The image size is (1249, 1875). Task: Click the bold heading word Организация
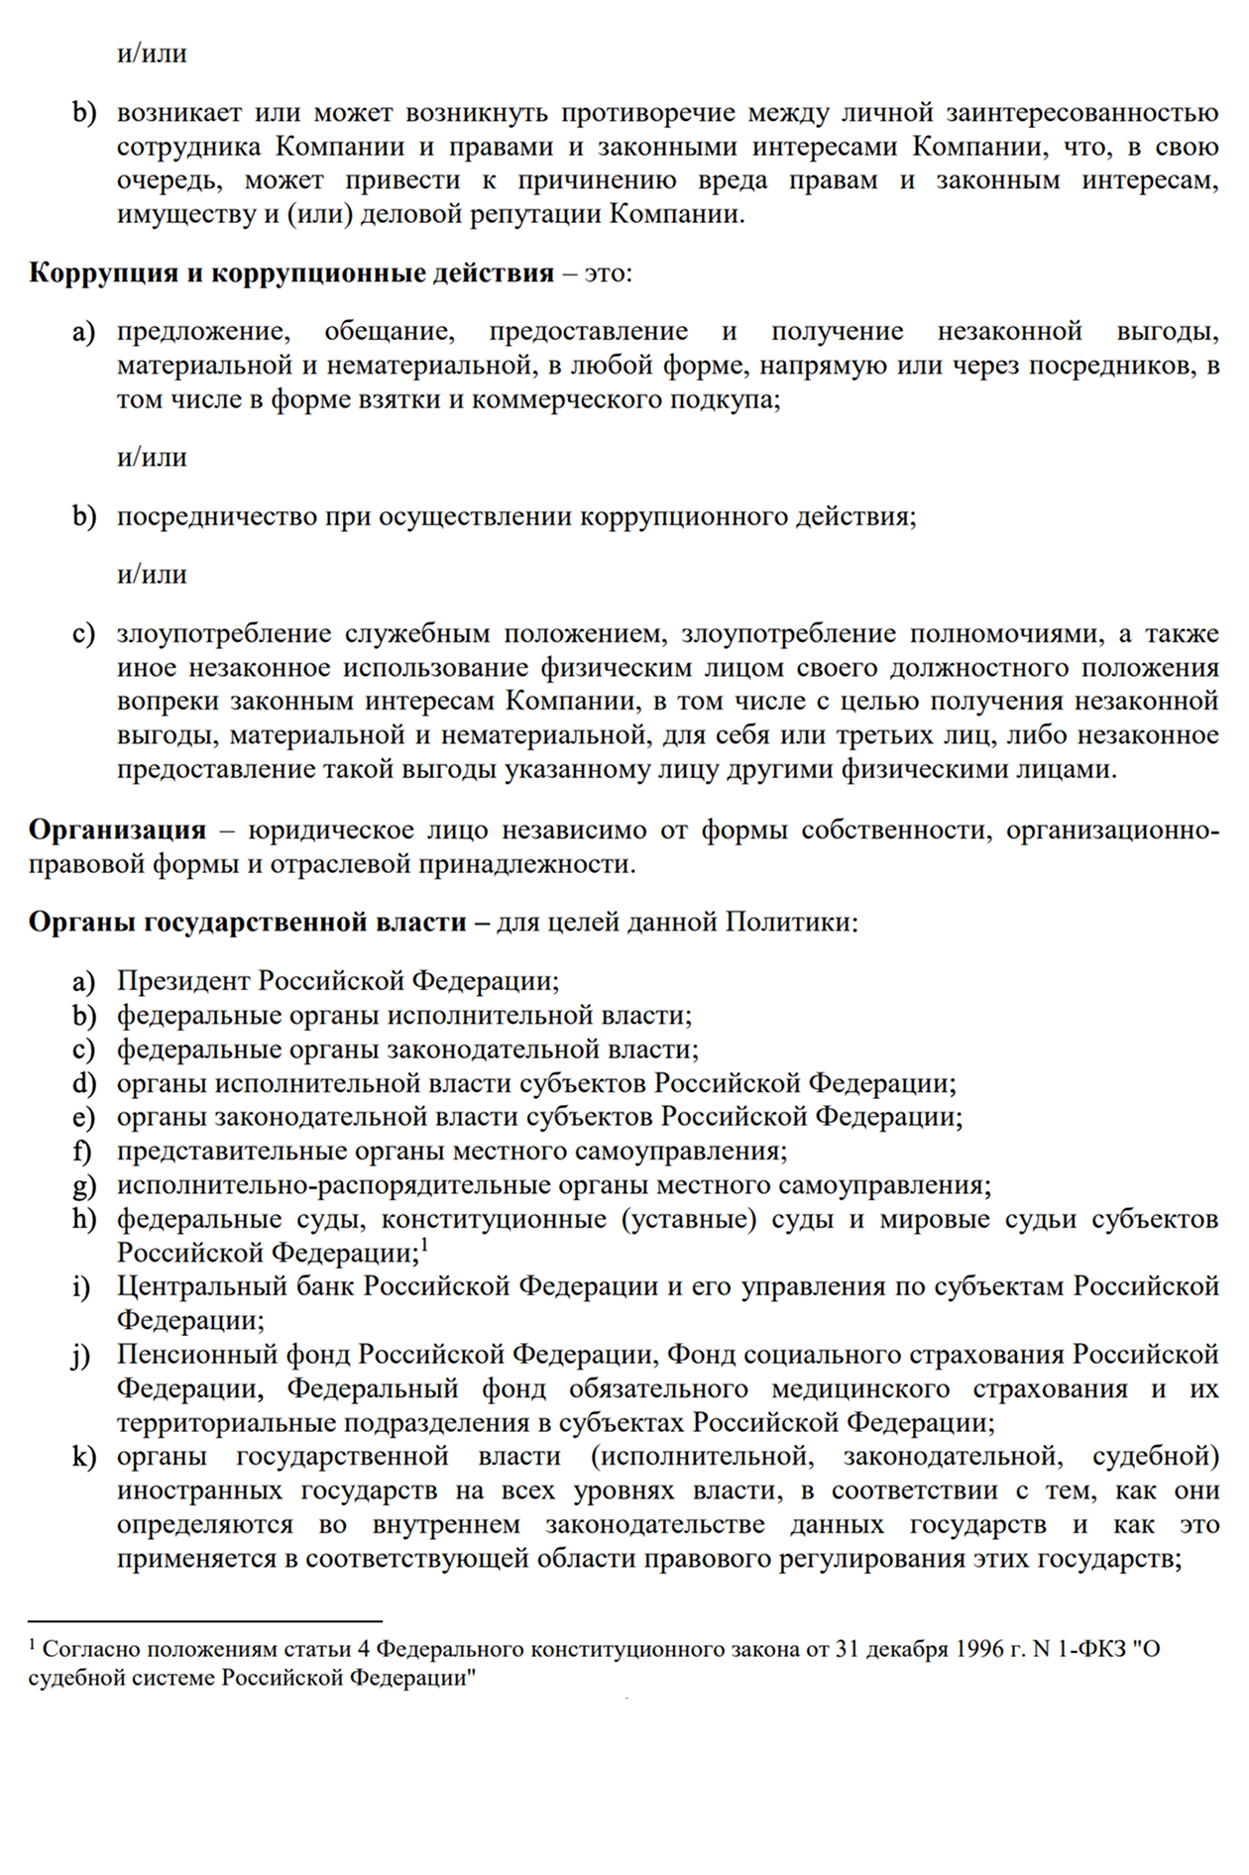pos(117,830)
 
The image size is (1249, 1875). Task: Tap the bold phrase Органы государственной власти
pos(247,923)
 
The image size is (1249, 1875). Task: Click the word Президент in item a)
pos(184,981)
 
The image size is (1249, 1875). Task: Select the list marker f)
pos(82,1152)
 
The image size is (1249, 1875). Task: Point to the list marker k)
pos(83,1457)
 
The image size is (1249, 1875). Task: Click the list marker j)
pos(81,1356)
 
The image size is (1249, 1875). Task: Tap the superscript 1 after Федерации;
pos(424,1245)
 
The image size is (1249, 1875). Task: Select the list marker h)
pos(83,1220)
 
